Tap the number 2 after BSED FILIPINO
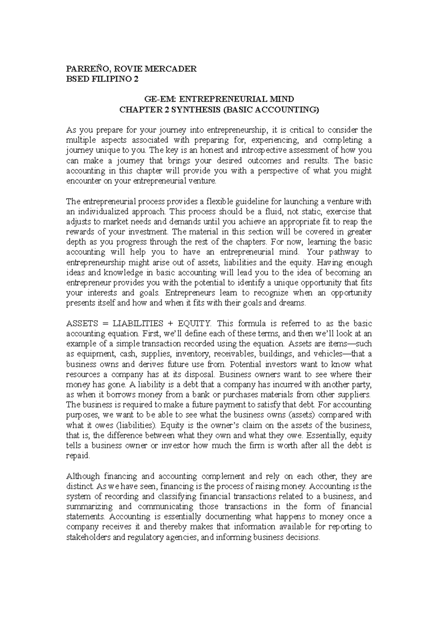pyautogui.click(x=137, y=79)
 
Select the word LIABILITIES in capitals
pyautogui.click(x=138, y=324)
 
